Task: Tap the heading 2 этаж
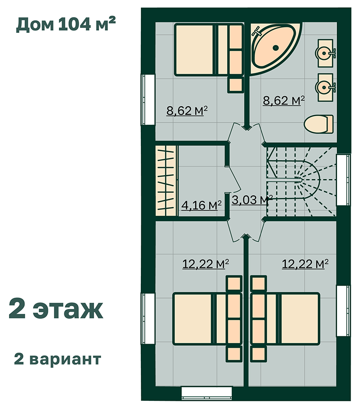pos(56,309)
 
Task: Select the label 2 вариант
pos(58,359)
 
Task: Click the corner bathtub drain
pos(275,48)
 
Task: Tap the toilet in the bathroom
pos(319,124)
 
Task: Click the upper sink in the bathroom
pos(325,53)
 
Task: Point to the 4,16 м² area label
pos(201,205)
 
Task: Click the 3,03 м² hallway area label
pos(252,200)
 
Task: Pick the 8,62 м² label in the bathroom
pos(283,100)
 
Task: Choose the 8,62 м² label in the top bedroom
pos(187,111)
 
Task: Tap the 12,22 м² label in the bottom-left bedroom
pos(206,264)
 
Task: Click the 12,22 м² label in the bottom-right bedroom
pos(305,264)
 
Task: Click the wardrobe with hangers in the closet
pos(166,181)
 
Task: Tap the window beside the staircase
pos(343,180)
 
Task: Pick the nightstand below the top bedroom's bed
pos(235,85)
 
